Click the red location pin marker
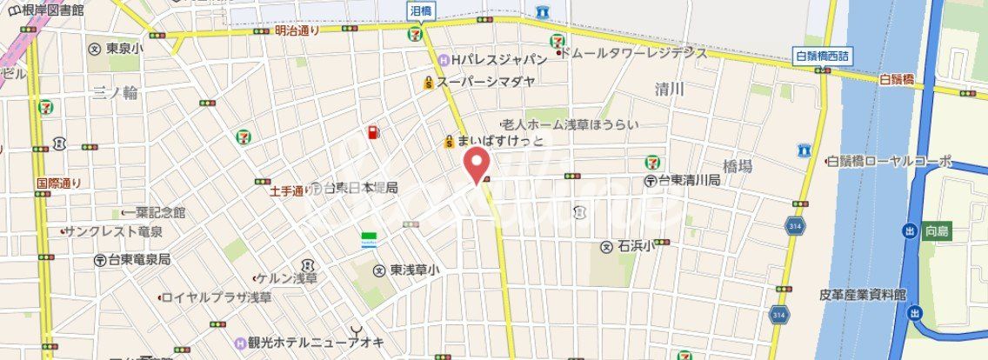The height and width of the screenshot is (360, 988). point(475,163)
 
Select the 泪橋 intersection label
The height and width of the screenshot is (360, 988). point(421,9)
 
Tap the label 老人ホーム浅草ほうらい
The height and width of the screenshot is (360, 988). point(570,124)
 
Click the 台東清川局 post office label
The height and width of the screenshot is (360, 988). point(688,180)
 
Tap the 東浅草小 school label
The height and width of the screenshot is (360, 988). point(413,270)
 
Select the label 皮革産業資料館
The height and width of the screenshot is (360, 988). point(863,295)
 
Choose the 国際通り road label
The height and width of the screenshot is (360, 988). point(58,183)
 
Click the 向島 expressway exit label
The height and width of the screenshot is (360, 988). point(936,230)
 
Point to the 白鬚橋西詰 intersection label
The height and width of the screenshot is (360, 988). point(822,57)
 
